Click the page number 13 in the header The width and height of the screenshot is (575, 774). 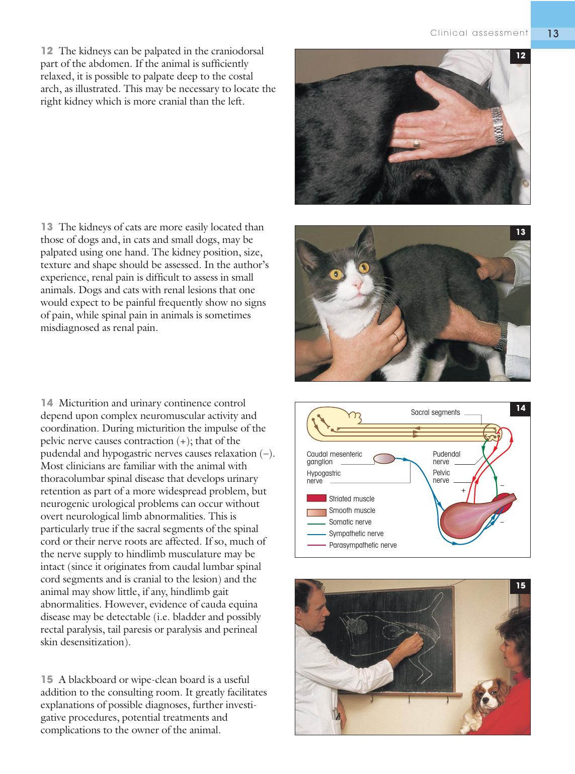click(x=553, y=34)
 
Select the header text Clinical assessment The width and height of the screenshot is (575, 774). click(x=479, y=33)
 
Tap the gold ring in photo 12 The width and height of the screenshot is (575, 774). click(x=417, y=143)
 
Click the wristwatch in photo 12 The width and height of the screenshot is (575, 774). click(x=497, y=126)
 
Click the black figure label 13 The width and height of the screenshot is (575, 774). click(x=520, y=232)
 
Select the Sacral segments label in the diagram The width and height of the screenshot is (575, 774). click(x=435, y=412)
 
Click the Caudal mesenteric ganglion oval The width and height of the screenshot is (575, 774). click(x=384, y=459)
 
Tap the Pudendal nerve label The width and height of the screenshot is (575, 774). click(x=446, y=458)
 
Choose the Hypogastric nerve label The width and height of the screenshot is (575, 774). click(x=323, y=477)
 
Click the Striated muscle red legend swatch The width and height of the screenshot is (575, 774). click(x=316, y=498)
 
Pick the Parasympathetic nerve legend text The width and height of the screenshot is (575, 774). click(x=363, y=545)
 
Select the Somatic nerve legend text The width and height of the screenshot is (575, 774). click(x=350, y=522)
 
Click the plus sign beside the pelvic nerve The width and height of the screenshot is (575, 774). click(x=463, y=490)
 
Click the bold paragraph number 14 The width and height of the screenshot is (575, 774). click(x=47, y=403)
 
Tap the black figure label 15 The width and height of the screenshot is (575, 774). click(x=520, y=585)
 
